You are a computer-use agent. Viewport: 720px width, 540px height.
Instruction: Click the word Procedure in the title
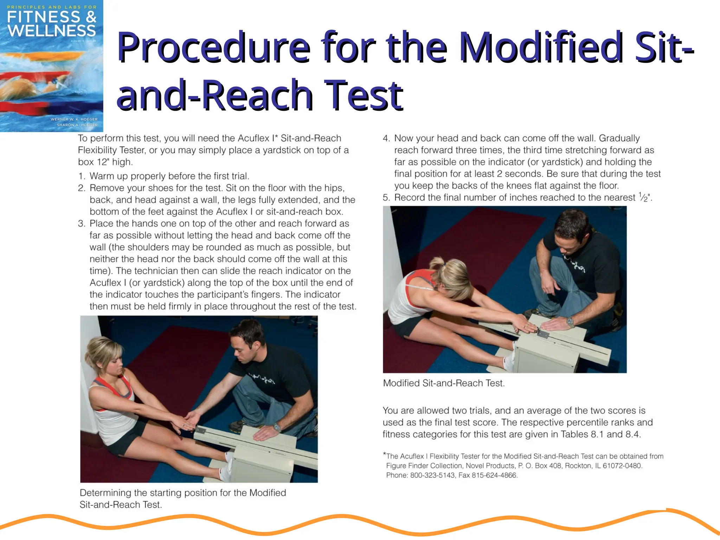(x=213, y=47)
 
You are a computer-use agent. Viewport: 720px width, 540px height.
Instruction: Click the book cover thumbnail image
(x=51, y=66)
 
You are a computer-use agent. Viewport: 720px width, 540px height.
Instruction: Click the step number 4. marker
(x=386, y=139)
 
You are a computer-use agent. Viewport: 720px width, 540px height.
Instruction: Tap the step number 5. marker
(x=386, y=198)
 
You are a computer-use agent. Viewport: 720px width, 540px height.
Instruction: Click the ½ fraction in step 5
(x=643, y=197)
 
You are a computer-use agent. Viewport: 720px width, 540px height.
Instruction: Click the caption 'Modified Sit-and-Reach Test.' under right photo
(x=444, y=383)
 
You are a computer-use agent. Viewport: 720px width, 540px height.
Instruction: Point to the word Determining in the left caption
(x=105, y=493)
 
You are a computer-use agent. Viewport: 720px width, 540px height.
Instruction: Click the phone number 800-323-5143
(x=433, y=475)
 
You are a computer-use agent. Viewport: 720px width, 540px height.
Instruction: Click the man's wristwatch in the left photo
(x=277, y=428)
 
